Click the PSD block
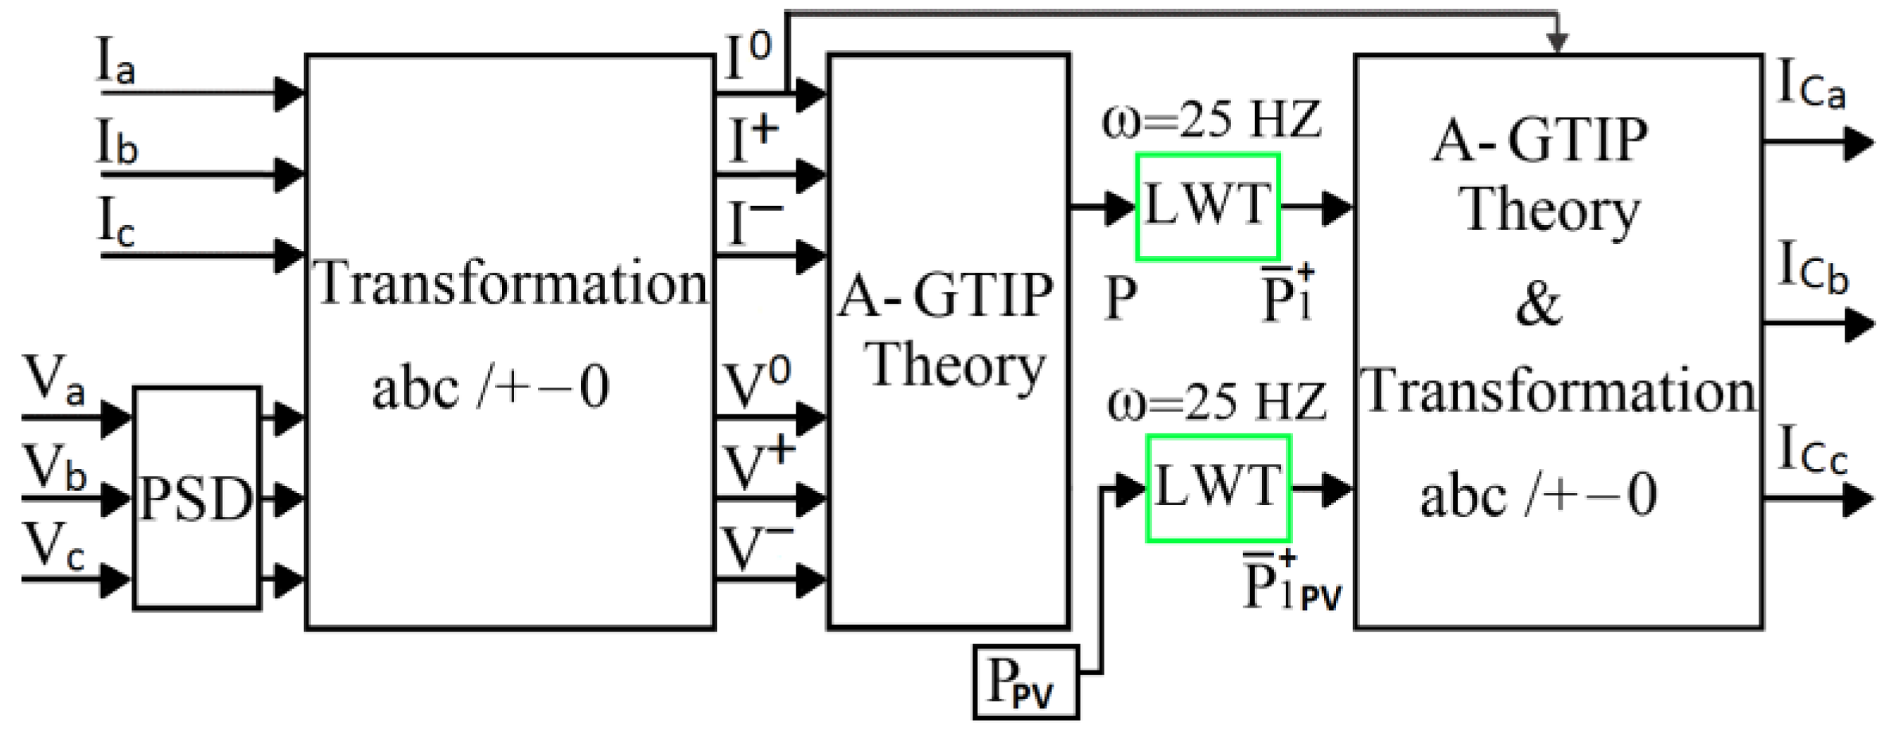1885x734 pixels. pos(197,499)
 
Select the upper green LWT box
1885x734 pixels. pos(1207,206)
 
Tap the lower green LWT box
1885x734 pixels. pos(1217,487)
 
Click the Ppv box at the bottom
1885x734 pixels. pos(1025,682)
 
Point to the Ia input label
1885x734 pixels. pos(116,62)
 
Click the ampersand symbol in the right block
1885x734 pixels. pos(1537,304)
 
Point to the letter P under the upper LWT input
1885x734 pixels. pos(1120,298)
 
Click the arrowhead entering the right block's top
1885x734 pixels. pos(1556,44)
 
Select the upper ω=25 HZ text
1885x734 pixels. pos(1211,120)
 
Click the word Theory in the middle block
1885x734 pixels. pos(955,367)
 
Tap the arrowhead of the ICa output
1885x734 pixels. pos(1859,144)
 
